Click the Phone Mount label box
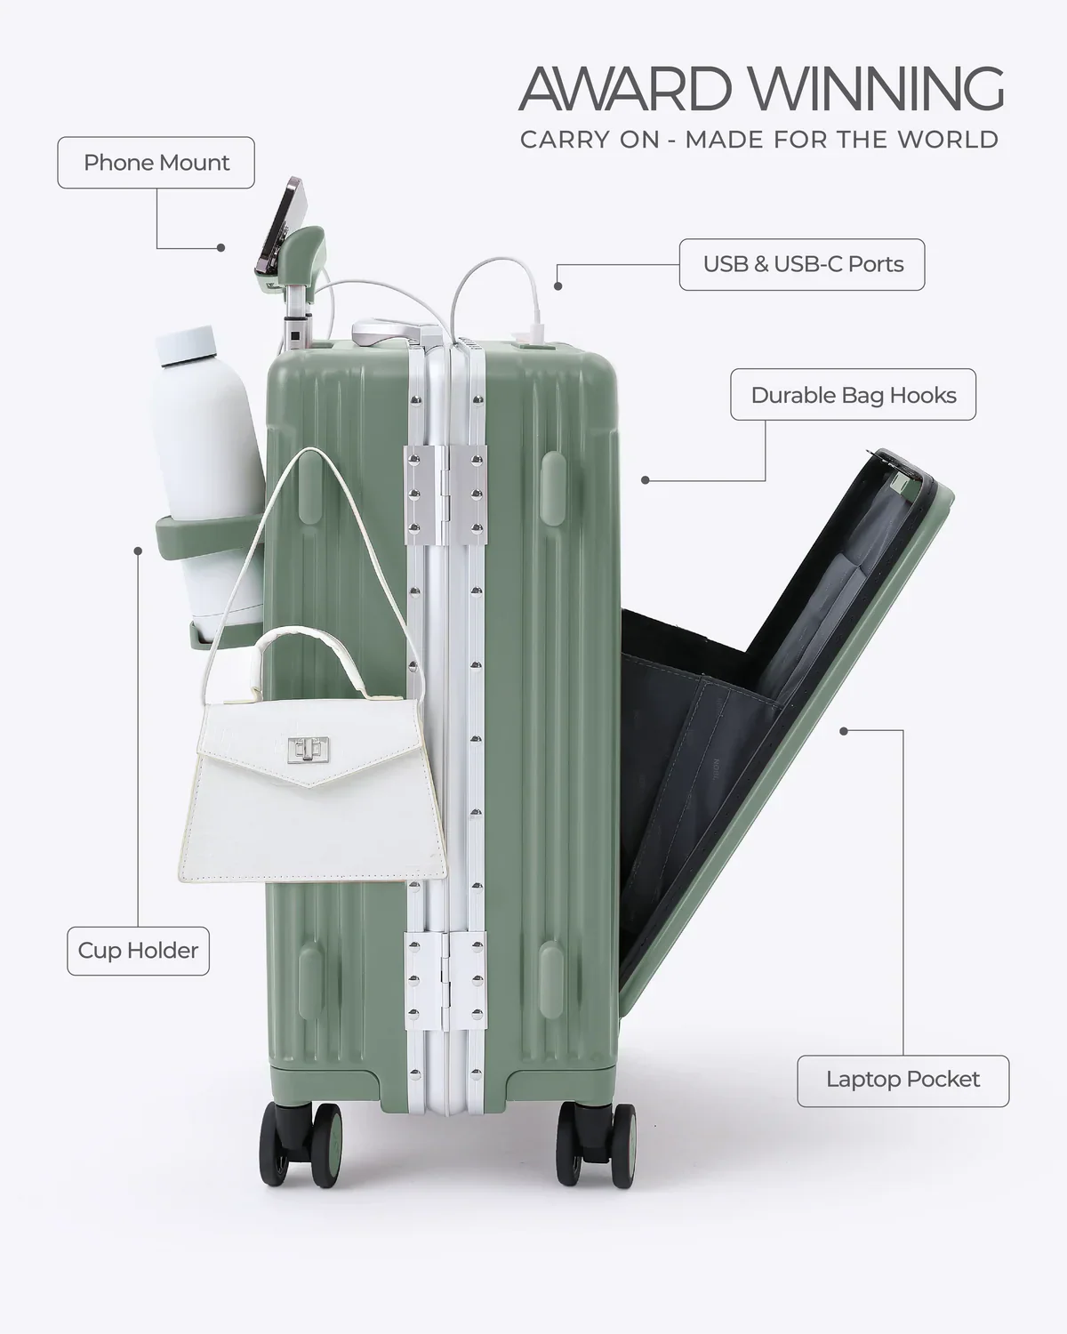pyautogui.click(x=156, y=163)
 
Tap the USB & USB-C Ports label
pyautogui.click(x=802, y=264)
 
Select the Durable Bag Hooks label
pyautogui.click(x=853, y=395)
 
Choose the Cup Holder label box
pyautogui.click(x=138, y=950)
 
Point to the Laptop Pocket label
pyautogui.click(x=903, y=1080)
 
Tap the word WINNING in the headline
pyautogui.click(x=876, y=89)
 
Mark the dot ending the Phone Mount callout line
pyautogui.click(x=221, y=248)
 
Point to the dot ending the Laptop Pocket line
pyautogui.click(x=843, y=730)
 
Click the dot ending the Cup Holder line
pyautogui.click(x=138, y=550)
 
